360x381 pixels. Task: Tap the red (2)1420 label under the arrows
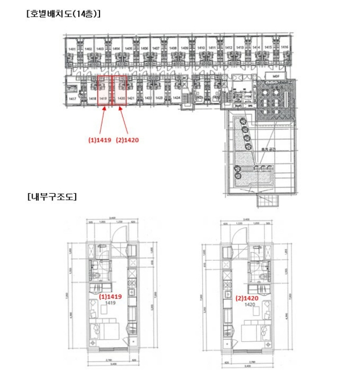127,140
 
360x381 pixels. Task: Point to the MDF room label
275,76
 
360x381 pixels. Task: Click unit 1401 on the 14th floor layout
72,49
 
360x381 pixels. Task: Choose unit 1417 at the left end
72,99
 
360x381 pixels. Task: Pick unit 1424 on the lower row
176,98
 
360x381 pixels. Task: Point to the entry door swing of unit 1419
116,233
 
